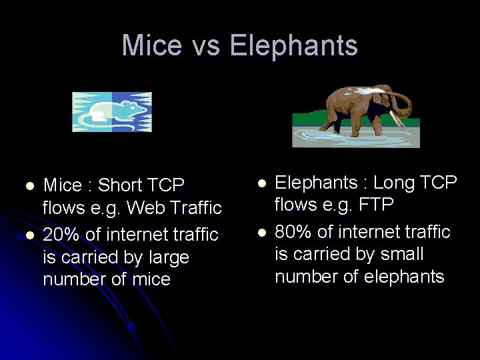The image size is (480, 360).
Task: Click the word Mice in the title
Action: click(151, 46)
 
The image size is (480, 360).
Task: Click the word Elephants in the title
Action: click(294, 46)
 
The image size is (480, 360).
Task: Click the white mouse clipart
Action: click(112, 112)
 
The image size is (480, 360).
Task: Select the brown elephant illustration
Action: click(356, 113)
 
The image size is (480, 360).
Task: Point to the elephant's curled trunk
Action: click(401, 107)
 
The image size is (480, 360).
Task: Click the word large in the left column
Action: click(168, 257)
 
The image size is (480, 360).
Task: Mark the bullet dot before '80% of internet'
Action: click(262, 232)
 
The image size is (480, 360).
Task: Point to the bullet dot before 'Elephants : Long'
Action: click(262, 182)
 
